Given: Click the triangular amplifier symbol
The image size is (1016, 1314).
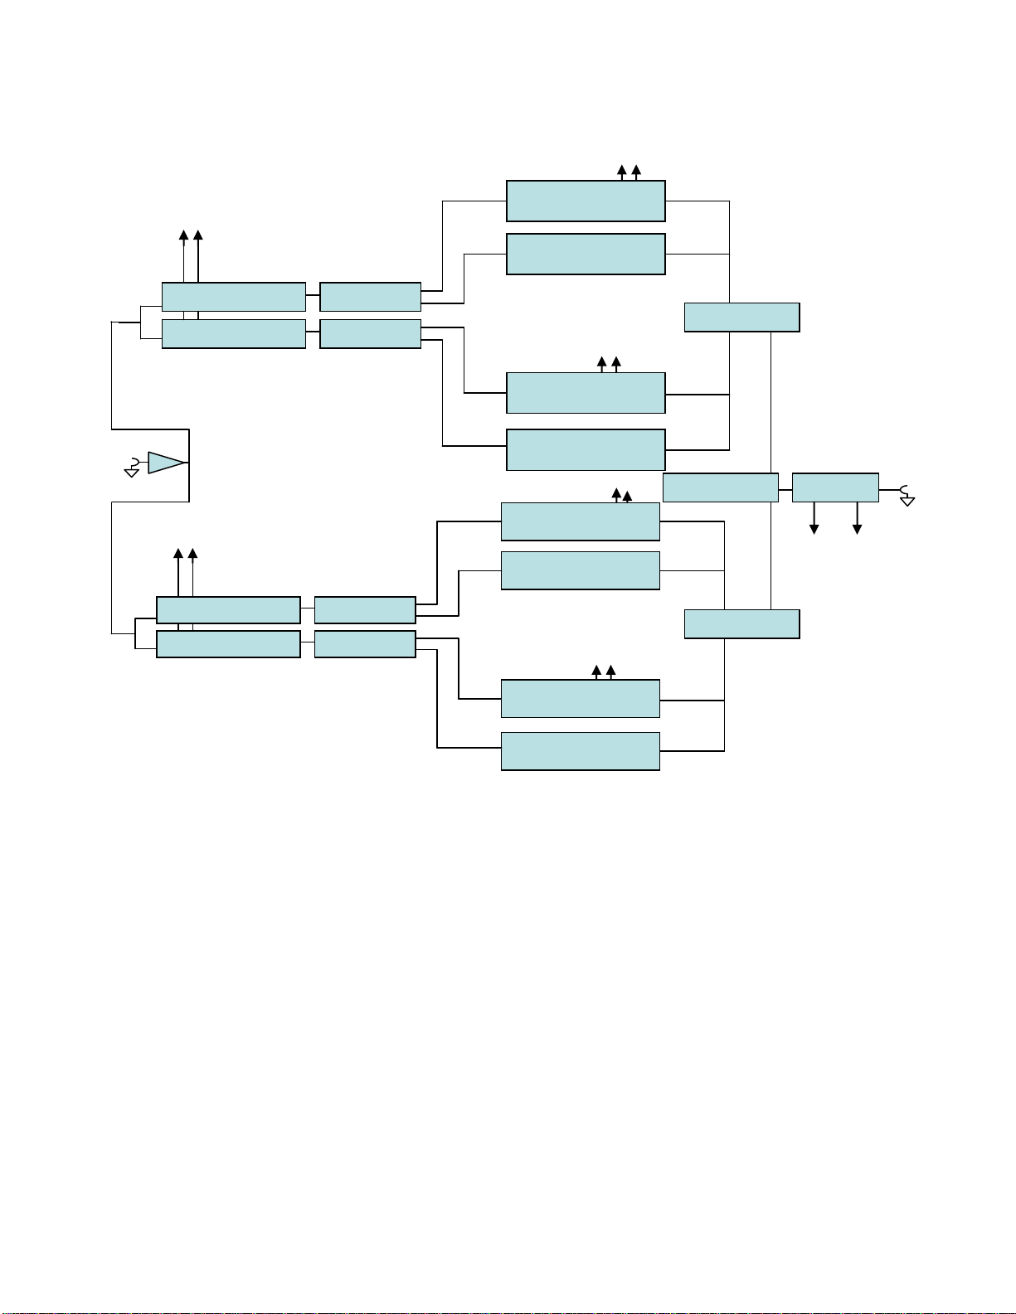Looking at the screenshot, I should tap(165, 463).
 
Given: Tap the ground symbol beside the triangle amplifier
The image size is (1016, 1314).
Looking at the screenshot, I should tap(131, 470).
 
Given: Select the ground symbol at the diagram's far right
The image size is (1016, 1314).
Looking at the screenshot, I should tap(907, 497).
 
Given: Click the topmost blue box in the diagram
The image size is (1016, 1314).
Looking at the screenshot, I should tap(586, 201).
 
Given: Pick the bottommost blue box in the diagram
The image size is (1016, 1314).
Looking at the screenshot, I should tap(580, 751).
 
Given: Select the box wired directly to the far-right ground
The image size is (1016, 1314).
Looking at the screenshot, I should tap(835, 487).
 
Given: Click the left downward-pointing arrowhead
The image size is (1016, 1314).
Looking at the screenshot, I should tap(814, 529).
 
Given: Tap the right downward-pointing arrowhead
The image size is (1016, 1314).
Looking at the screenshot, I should tap(858, 529).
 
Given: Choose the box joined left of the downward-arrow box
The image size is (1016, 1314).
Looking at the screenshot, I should tap(720, 487).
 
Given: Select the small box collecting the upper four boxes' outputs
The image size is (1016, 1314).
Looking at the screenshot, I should tap(741, 318).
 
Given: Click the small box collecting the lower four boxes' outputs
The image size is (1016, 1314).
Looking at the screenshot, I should tap(741, 623).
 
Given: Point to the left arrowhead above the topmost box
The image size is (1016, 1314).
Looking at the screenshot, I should tap(622, 170).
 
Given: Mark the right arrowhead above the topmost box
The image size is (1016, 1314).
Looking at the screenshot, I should tap(636, 170).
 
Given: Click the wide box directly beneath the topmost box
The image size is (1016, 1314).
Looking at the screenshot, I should tap(586, 254).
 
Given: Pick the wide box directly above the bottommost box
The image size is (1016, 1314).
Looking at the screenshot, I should tap(580, 698).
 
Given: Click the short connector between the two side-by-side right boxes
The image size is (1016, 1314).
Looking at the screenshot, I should tap(785, 488).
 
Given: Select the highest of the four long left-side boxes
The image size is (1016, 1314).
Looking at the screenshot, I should tap(233, 297).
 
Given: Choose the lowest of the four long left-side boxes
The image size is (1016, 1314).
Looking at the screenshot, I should tap(228, 644).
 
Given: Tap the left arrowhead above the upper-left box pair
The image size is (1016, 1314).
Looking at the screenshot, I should tap(184, 235).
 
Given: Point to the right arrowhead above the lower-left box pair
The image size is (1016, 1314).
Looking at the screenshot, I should tap(192, 553).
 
